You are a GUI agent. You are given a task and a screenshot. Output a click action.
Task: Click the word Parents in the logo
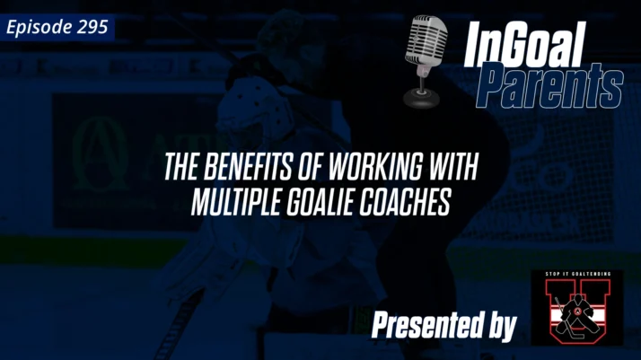(x=549, y=89)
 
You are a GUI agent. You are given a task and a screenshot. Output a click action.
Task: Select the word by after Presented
(x=498, y=327)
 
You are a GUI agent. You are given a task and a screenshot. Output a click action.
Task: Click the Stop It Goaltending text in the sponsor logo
(x=575, y=274)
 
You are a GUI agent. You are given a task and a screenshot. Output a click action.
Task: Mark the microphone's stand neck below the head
(x=418, y=79)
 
